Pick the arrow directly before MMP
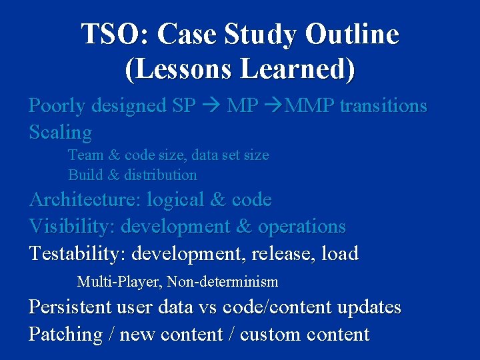tap(273, 106)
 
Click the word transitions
tap(383, 105)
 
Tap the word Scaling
tap(60, 133)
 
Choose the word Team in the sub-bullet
tap(85, 155)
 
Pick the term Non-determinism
tap(223, 282)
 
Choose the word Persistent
tap(71, 307)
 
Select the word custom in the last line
tap(268, 334)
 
